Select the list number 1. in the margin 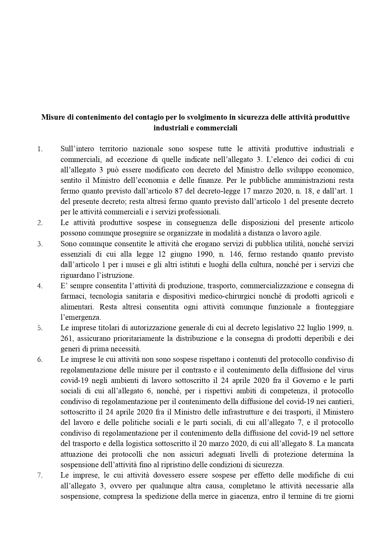[40, 149]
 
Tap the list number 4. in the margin [40, 286]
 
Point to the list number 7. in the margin [40, 475]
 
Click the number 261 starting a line [67, 338]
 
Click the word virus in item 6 [346, 370]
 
